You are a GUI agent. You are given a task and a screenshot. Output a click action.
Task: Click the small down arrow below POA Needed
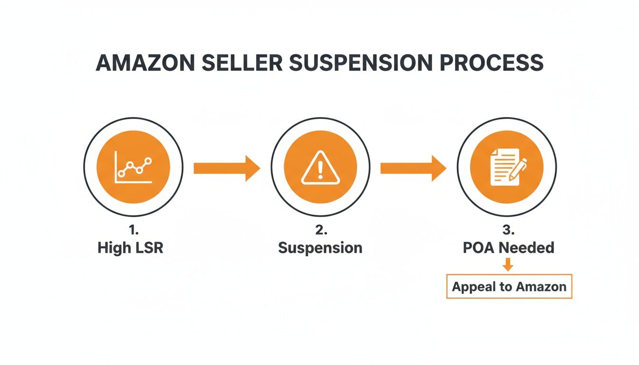click(508, 264)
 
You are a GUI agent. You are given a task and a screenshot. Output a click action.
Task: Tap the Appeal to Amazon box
click(509, 287)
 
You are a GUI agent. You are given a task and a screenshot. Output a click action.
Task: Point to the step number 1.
click(133, 231)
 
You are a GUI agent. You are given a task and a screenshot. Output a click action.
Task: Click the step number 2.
click(320, 231)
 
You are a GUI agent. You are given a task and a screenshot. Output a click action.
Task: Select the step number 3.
click(507, 231)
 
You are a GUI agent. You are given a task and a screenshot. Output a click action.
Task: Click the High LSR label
click(130, 248)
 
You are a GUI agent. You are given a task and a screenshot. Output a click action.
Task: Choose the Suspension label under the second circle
click(320, 248)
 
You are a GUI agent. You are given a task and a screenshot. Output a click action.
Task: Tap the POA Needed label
click(508, 248)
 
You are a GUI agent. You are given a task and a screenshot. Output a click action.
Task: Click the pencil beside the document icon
click(518, 170)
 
